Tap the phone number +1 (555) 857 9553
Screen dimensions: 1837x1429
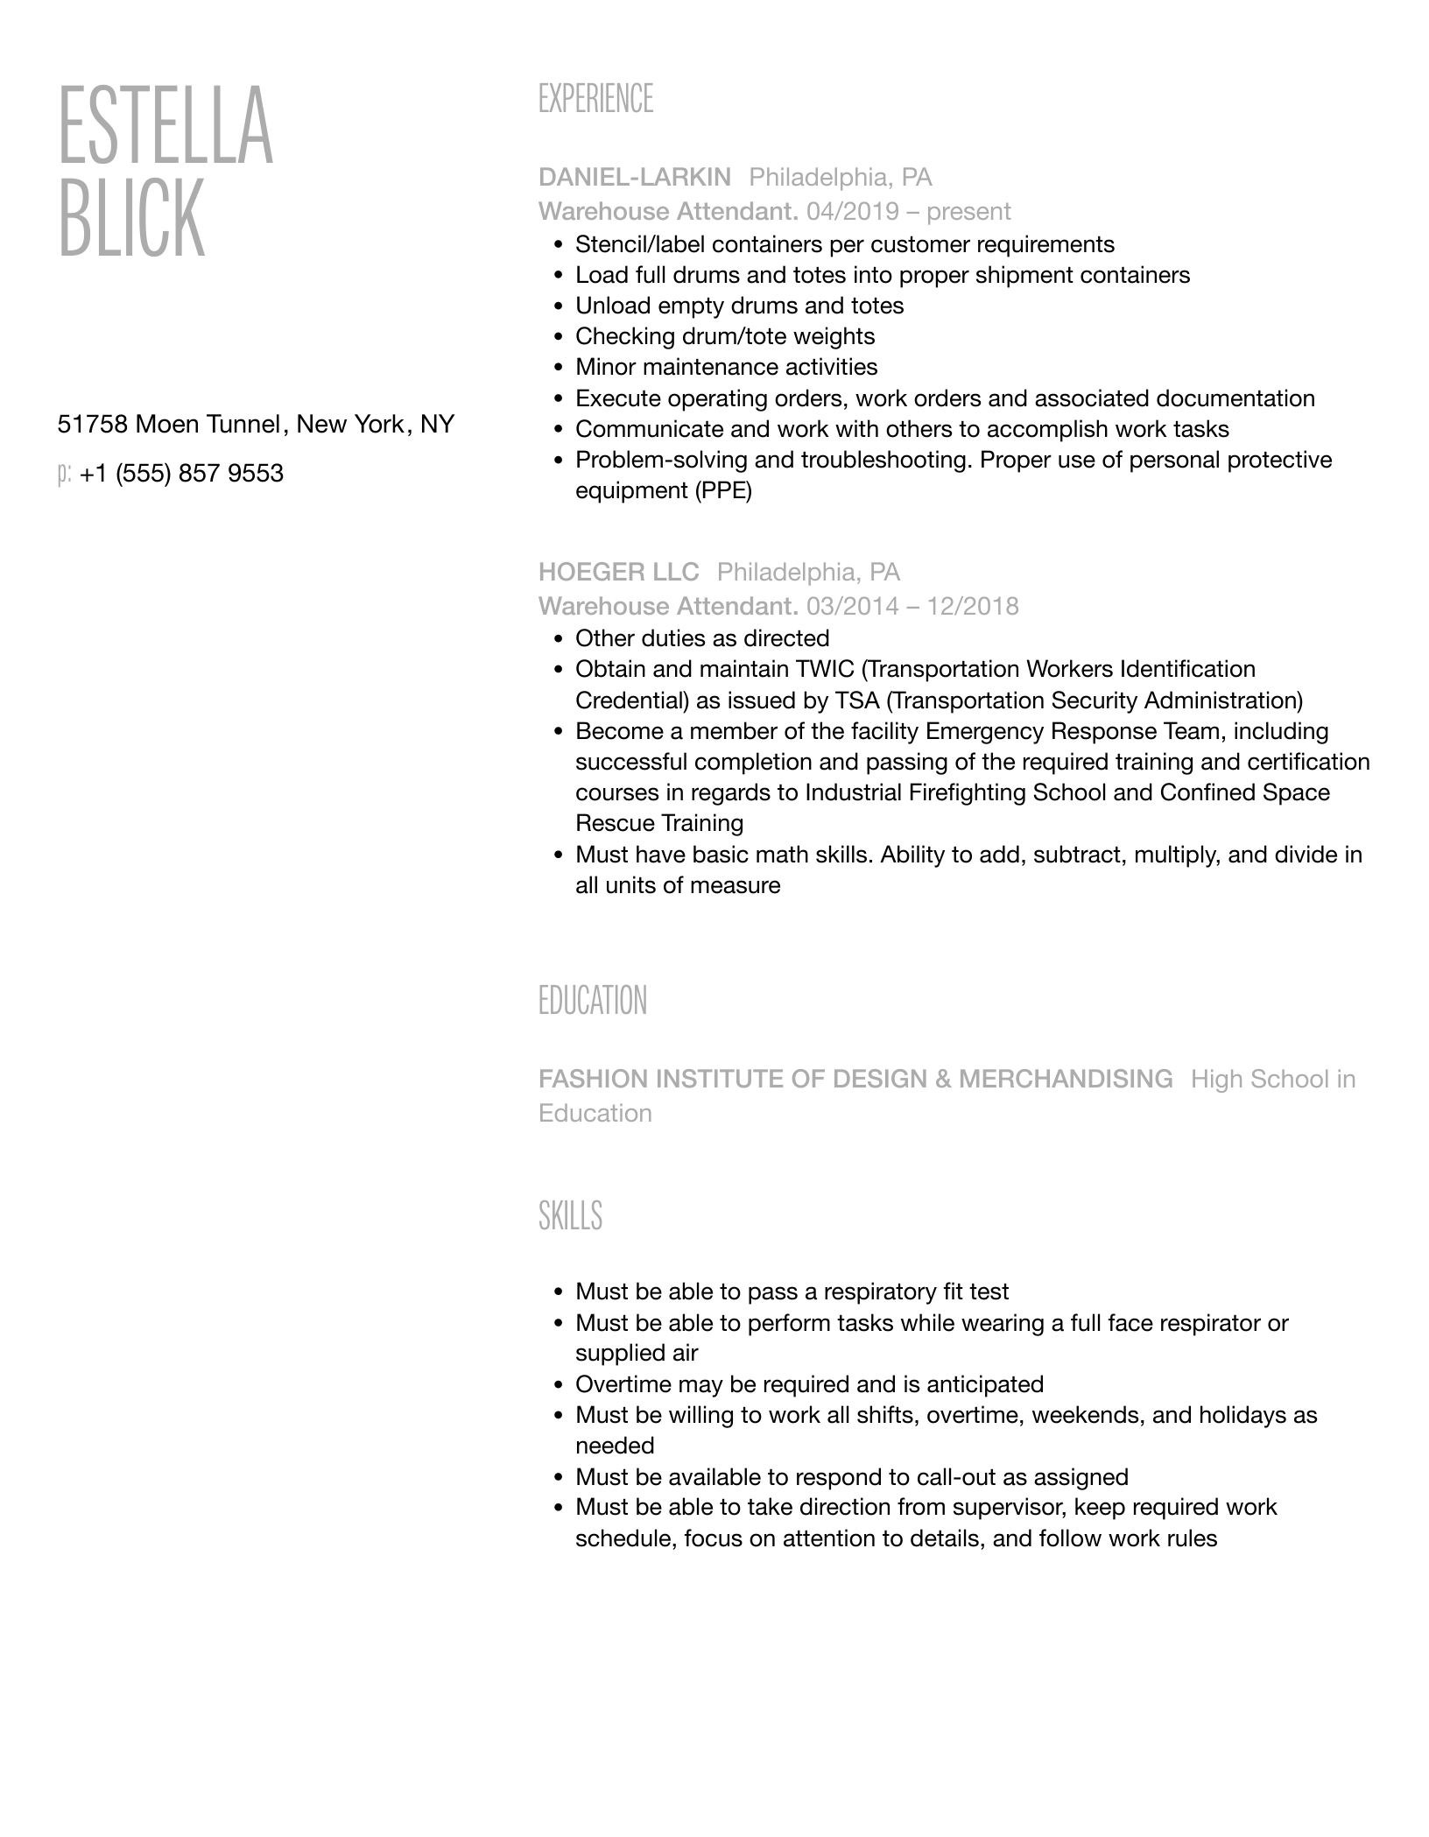(x=181, y=474)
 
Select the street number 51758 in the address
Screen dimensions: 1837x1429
(x=92, y=425)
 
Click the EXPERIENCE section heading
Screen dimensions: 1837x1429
(x=595, y=99)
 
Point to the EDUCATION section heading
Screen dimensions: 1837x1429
(x=592, y=1001)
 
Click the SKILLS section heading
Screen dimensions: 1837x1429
(x=570, y=1216)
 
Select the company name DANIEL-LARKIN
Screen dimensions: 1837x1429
(x=634, y=177)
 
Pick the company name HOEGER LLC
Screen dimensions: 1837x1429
(x=618, y=572)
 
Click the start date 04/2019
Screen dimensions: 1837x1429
(x=852, y=211)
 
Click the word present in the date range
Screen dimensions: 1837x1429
(x=968, y=211)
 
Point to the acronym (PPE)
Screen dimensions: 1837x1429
(x=723, y=490)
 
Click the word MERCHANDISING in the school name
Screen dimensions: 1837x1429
(x=1065, y=1079)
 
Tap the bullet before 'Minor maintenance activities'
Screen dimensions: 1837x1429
(x=558, y=368)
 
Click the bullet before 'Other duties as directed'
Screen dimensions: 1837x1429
(x=558, y=639)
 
